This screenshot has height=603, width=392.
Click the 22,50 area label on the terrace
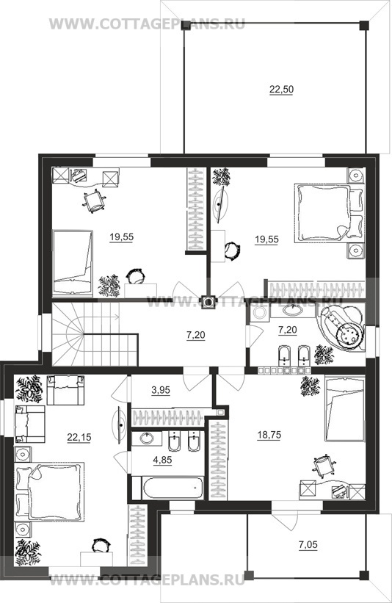(x=281, y=90)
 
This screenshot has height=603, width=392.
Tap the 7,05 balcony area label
(x=308, y=544)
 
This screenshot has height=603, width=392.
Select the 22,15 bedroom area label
(x=79, y=437)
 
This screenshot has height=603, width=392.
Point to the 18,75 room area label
(x=269, y=435)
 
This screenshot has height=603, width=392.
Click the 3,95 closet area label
(x=161, y=390)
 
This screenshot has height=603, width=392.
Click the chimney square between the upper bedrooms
(x=208, y=302)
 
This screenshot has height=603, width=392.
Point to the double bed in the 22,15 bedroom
(x=49, y=492)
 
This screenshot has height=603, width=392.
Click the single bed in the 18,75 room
(x=345, y=409)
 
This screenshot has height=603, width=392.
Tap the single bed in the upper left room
(x=73, y=263)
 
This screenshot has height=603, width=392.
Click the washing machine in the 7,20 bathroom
(x=259, y=312)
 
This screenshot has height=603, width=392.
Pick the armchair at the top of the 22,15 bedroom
(x=65, y=390)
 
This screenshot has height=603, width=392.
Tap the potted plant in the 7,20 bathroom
(x=323, y=355)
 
